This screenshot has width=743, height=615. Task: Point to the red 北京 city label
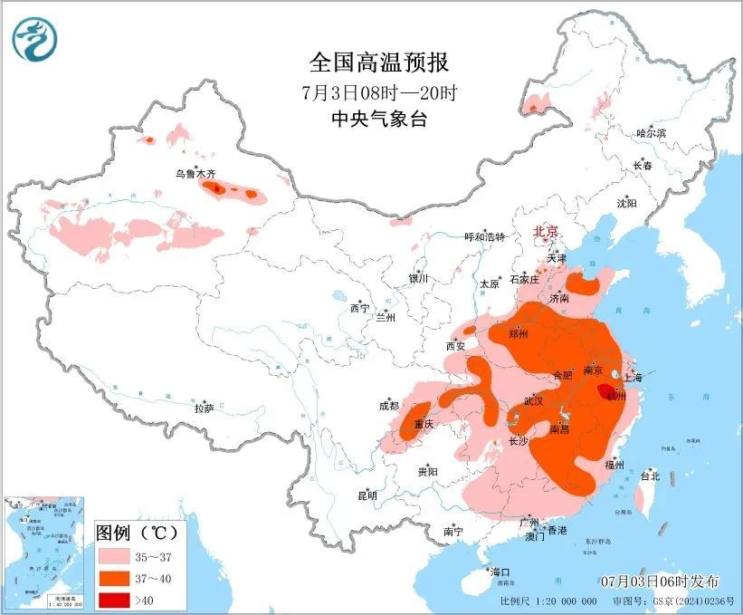[x=547, y=231]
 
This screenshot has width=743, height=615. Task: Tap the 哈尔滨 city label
[x=651, y=133]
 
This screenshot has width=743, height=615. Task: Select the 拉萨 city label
[x=204, y=408]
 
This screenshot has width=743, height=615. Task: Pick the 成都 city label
[x=388, y=406]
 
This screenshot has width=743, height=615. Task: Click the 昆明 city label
[x=367, y=495]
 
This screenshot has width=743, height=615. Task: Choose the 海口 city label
[x=500, y=572]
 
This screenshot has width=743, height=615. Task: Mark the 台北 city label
[x=650, y=476]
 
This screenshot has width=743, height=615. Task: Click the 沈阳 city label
[x=626, y=203]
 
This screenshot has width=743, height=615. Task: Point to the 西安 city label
[x=455, y=345]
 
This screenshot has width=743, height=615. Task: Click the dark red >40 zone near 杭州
[x=606, y=390]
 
